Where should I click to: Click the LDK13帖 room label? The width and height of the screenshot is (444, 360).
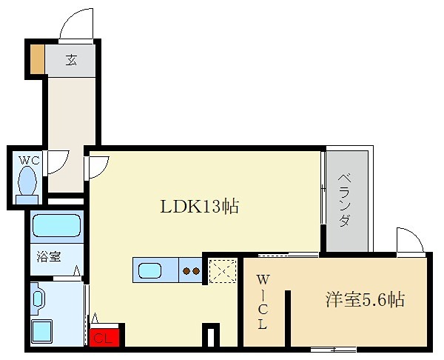[200, 206]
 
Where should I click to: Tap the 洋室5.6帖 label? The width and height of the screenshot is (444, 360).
[365, 299]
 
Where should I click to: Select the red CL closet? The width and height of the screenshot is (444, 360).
[104, 337]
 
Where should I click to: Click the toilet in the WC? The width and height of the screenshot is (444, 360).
[27, 184]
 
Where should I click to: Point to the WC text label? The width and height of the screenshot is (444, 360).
[29, 161]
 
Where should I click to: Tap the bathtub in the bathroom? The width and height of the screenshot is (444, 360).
[57, 226]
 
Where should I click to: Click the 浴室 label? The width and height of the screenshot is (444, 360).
[49, 256]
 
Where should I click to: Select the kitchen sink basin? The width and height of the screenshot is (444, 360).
[149, 270]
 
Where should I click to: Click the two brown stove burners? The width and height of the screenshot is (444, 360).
[191, 271]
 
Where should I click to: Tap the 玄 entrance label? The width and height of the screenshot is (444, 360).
[71, 60]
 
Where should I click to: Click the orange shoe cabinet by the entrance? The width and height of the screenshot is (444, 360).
[37, 59]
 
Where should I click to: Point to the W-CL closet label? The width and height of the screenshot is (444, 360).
[263, 302]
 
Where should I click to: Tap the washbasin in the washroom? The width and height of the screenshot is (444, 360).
[38, 299]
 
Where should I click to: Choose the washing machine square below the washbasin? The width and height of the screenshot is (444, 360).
[42, 331]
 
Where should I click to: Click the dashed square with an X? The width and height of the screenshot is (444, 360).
[223, 270]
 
